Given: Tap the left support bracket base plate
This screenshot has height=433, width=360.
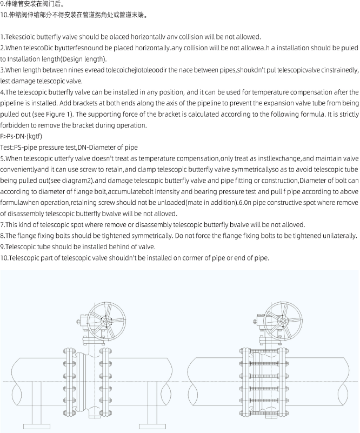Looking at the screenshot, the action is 37,427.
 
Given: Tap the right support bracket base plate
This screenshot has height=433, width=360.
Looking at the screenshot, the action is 152,427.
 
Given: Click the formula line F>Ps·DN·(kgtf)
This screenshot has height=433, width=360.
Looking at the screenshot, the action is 21,136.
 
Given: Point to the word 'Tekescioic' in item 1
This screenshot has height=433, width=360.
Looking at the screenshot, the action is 20,37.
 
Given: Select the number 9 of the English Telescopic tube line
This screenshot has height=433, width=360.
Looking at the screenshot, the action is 2,247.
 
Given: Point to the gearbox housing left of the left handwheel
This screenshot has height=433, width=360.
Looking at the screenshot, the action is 83,322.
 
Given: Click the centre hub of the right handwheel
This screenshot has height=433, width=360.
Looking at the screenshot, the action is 283,322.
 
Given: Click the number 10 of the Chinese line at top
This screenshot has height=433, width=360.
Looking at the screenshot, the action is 4,15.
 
